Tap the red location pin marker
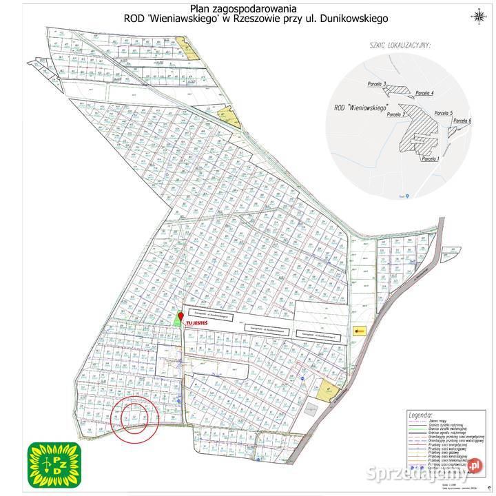click(x=180, y=315)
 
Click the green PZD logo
click(x=54, y=464)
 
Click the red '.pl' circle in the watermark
click(x=473, y=468)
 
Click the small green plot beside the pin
click(x=176, y=321)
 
